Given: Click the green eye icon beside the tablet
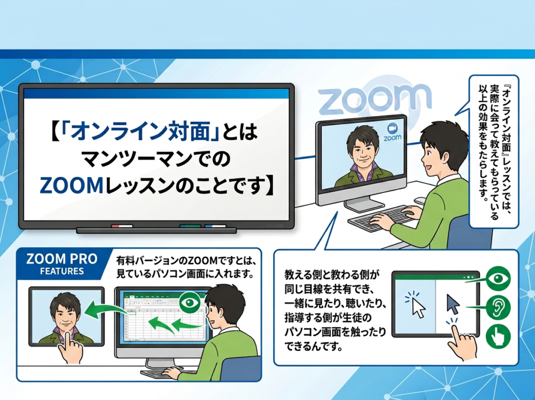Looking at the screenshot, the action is (x=498, y=278).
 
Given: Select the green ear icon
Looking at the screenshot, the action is (x=498, y=307).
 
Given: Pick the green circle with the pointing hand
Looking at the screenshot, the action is (x=498, y=336).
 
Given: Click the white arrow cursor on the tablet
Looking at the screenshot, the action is (x=418, y=307).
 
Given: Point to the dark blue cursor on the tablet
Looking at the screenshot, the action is (x=453, y=304).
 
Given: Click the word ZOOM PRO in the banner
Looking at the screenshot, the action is (x=62, y=259).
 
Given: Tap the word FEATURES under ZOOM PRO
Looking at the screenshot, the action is (x=62, y=271).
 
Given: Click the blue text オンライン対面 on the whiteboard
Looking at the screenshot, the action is (x=140, y=132).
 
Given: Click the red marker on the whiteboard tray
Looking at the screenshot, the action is (x=122, y=226).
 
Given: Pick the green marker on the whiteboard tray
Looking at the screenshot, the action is (x=190, y=226).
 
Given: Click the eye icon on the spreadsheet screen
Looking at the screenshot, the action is (x=190, y=302).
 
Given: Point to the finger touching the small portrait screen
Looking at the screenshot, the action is (x=69, y=346).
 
